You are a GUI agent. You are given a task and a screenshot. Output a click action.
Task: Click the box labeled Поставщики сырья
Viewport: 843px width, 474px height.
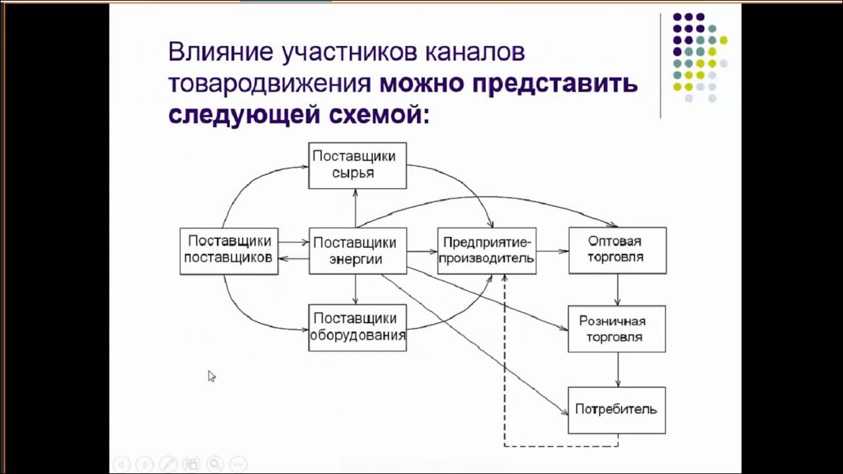(x=358, y=165)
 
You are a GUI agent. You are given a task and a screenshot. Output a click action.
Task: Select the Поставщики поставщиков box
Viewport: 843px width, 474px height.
(x=229, y=251)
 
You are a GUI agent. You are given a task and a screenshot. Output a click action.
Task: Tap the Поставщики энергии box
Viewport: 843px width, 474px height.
(x=358, y=251)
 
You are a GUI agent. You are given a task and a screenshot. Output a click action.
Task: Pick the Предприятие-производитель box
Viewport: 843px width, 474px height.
(x=487, y=251)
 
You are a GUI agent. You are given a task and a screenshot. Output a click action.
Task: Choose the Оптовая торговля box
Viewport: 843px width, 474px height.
(x=617, y=251)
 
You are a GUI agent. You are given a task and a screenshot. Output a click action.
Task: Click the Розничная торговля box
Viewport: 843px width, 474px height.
(x=616, y=329)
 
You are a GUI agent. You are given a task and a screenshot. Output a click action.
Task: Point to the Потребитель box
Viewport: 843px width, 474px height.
(x=616, y=409)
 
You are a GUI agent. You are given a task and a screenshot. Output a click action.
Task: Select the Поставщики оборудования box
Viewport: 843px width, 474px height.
(x=358, y=327)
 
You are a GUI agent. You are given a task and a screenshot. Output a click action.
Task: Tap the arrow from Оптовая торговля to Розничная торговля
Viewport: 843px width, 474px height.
(x=618, y=290)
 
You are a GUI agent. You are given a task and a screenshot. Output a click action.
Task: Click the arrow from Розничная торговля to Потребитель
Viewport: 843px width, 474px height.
(x=618, y=369)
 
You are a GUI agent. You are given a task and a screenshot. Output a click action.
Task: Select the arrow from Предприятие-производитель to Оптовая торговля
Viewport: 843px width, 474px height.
(x=552, y=251)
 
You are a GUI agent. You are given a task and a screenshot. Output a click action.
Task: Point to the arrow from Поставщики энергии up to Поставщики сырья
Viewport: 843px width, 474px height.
(x=356, y=208)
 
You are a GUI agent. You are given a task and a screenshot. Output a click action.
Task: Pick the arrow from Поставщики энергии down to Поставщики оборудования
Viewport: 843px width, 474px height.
(x=356, y=289)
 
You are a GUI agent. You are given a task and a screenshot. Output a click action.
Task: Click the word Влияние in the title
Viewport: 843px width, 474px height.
(x=220, y=53)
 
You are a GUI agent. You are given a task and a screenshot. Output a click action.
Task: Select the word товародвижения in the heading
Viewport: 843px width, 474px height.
(x=270, y=84)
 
